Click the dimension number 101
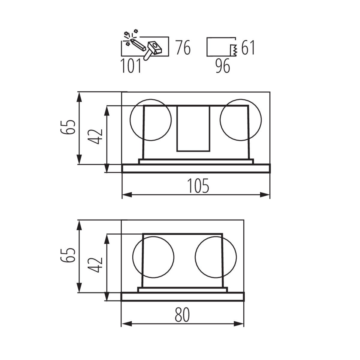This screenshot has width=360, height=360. [131, 66]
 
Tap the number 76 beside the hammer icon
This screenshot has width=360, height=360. [183, 47]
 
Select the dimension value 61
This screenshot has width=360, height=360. [248, 48]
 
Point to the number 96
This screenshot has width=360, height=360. [223, 66]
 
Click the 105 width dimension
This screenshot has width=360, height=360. [198, 186]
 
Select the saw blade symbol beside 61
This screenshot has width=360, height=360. [233, 50]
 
